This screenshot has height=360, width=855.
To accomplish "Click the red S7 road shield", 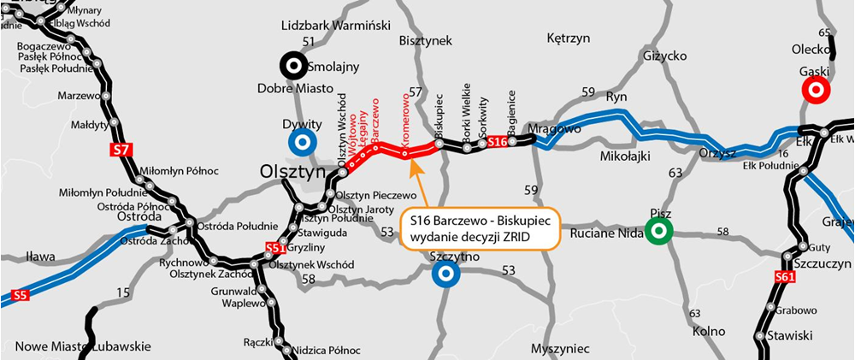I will pyautogui.click(x=121, y=150).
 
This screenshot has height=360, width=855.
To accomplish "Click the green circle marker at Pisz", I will pyautogui.click(x=658, y=230).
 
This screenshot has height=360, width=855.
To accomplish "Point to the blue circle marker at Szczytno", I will pyautogui.click(x=445, y=274).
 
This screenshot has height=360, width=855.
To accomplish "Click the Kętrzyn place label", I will pyautogui.click(x=569, y=38).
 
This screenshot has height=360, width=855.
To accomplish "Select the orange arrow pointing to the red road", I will pyautogui.click(x=420, y=181).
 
